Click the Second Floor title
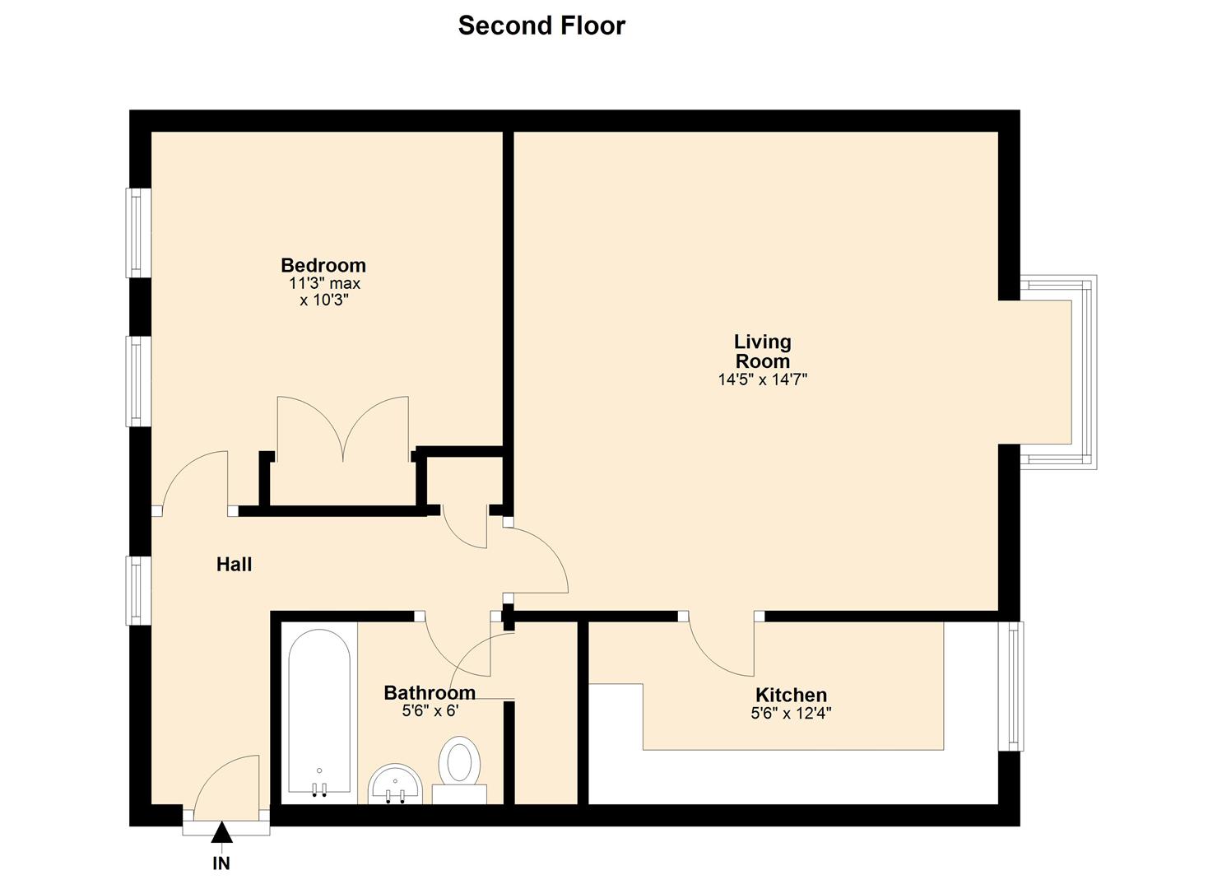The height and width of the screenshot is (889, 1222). coord(541,26)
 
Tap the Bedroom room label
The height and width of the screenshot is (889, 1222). coord(323,265)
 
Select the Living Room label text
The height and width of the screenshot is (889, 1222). coord(762,351)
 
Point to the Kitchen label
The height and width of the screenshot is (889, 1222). coord(791,695)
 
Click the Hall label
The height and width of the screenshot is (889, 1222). coord(234,565)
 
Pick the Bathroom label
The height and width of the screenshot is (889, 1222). coord(430,692)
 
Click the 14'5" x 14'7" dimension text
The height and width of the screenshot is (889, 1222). coord(762,380)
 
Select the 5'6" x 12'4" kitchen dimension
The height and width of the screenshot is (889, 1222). coord(791,714)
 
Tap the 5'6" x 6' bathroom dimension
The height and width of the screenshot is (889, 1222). coord(430,710)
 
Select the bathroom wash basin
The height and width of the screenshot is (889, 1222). coord(395,784)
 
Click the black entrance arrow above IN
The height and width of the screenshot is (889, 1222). coord(221,834)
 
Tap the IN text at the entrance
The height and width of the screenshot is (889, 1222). coord(221,863)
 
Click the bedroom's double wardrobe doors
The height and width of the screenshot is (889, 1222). coord(342,428)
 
